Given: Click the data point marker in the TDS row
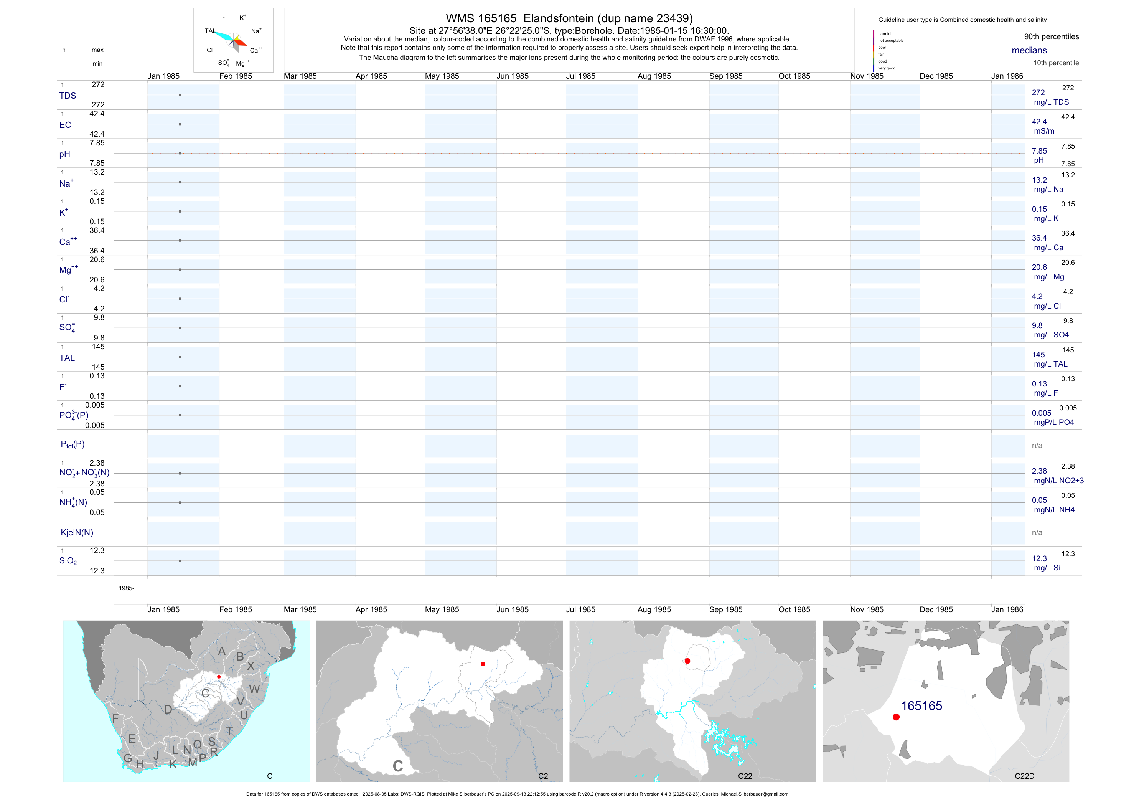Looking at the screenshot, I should [x=180, y=95].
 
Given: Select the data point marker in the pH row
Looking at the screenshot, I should [x=180, y=154].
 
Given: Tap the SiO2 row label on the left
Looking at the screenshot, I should [x=68, y=561].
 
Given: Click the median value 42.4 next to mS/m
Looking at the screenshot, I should [x=1039, y=122].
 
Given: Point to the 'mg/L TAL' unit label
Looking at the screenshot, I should [x=1050, y=364].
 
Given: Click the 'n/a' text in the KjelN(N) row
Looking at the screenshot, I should [x=1037, y=533].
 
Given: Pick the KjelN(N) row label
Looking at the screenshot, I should [x=77, y=533].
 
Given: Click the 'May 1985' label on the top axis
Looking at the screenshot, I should [x=442, y=76].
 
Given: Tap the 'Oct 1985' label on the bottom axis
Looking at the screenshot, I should [x=794, y=609].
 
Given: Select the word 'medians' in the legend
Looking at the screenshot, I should [x=1029, y=50].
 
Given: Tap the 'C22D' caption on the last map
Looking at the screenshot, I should [x=1024, y=776].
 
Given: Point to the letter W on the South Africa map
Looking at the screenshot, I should [x=254, y=689].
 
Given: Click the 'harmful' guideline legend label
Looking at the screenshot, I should [x=885, y=34].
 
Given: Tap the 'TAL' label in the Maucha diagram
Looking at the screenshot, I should [x=210, y=31].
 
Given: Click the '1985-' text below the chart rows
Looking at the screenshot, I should [x=127, y=588].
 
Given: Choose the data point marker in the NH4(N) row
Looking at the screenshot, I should [x=180, y=503].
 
